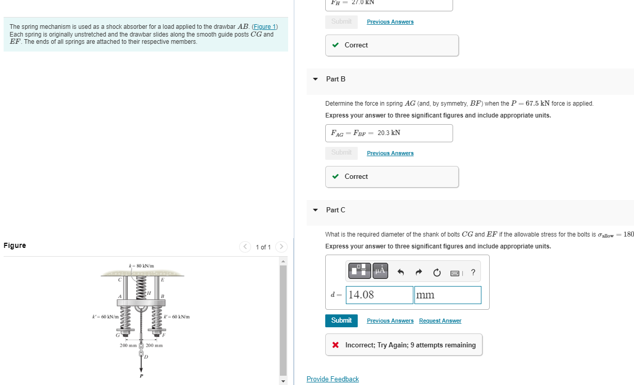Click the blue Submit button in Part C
[341, 320]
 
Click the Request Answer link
[440, 321]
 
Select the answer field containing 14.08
[379, 295]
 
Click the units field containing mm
[447, 295]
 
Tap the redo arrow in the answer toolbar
[419, 272]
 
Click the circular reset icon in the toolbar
[437, 272]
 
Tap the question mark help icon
[473, 272]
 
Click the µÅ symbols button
[380, 270]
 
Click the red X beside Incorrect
[336, 345]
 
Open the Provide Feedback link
[332, 379]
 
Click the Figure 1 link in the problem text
[264, 27]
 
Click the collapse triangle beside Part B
[315, 79]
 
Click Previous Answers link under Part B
[390, 153]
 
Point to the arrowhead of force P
[141, 368]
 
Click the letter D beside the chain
[146, 357]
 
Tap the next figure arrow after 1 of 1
[281, 247]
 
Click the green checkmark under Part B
[336, 176]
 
